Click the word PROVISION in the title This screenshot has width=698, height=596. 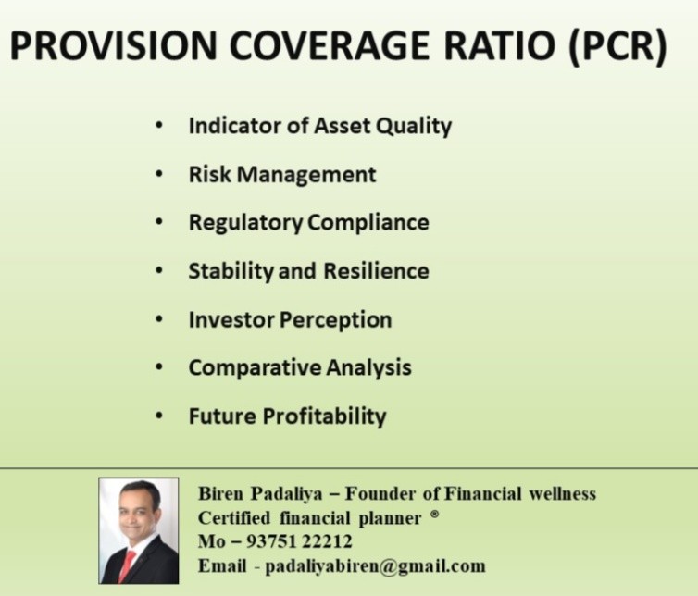coord(113,45)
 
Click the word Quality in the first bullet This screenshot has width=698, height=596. coord(414,127)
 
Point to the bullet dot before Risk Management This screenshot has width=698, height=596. coord(159,174)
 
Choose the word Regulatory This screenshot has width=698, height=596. coord(245,223)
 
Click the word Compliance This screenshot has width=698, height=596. coord(368,222)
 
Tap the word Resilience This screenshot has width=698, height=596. coord(376,270)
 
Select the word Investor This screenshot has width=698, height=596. coord(231,319)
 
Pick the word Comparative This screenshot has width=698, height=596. coord(256,368)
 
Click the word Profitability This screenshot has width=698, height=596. coord(324,416)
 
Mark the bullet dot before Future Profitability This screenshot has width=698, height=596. coord(159,416)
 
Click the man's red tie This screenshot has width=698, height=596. coord(127,565)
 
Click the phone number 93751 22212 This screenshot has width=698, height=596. coord(299,541)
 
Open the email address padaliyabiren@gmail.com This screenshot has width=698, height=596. coord(375,566)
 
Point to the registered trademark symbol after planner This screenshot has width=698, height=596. coord(435,515)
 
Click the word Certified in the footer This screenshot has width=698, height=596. coord(234,518)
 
